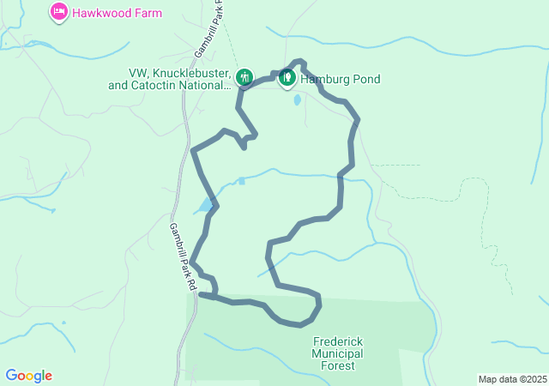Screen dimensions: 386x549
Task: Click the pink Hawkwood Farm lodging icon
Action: pos(59,13)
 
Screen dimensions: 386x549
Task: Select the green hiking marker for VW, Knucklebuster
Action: pos(244,77)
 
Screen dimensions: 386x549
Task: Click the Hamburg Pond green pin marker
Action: pos(287,78)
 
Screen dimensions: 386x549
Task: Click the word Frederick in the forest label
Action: pos(339,341)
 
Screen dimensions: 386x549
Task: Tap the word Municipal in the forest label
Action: pos(339,353)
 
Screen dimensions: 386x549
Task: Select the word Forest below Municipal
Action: pos(339,366)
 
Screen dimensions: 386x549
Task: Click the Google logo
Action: pos(29,376)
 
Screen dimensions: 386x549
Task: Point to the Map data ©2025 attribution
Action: pos(512,379)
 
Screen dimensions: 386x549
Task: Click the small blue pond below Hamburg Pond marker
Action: pos(297,100)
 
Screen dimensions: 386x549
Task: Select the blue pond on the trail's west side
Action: pos(206,206)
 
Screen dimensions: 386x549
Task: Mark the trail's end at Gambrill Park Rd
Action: pos(201,294)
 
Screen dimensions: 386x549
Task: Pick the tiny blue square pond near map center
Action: pos(241,181)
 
